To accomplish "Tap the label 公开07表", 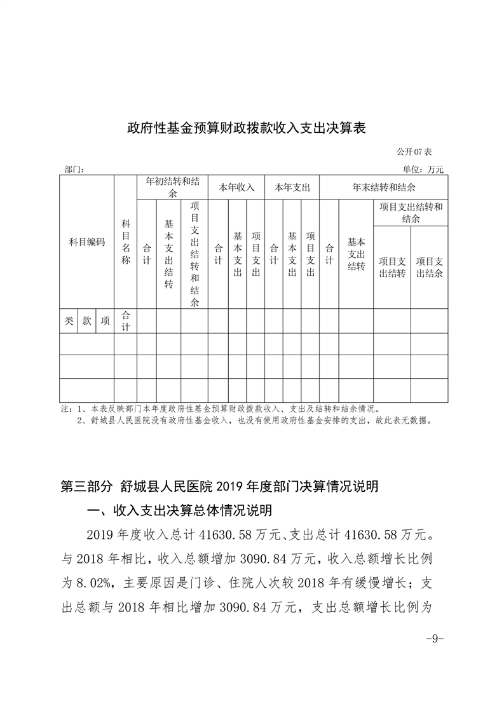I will [414, 153].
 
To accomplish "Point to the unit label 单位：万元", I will [423, 170].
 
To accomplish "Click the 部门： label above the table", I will [74, 170].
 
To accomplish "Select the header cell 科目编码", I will [87, 242].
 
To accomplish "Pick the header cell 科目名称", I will [126, 242].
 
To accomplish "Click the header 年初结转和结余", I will [172, 187].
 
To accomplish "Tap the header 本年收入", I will [236, 187].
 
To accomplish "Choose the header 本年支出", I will [292, 187].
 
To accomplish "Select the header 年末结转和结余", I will [383, 187].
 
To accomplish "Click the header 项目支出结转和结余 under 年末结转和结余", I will [410, 212].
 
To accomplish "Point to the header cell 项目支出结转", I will [392, 267].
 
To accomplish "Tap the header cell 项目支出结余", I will [429, 267].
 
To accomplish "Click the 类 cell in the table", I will [69, 321].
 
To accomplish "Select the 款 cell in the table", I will [87, 321].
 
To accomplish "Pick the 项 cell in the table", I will [105, 321].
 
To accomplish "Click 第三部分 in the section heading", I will [86, 487].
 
